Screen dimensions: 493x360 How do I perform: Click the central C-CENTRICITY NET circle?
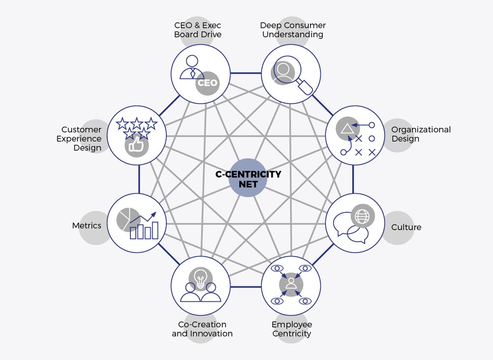[248, 178]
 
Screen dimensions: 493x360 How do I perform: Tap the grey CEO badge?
[207, 83]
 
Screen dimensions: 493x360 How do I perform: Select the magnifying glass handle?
[305, 87]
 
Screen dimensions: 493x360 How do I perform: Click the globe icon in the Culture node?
[363, 216]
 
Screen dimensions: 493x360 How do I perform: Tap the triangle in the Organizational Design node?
[347, 129]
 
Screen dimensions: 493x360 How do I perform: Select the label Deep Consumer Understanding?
[293, 30]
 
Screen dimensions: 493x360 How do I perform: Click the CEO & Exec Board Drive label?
[198, 30]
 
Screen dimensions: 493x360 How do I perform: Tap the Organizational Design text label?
[421, 134]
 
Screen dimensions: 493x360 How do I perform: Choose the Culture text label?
[406, 227]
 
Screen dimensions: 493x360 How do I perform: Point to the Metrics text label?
[87, 226]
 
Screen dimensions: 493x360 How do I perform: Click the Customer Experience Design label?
[79, 139]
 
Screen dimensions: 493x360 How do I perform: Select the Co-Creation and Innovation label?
[202, 329]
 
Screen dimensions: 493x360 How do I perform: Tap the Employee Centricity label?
[292, 329]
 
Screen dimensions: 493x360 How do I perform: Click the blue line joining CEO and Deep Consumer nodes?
[246, 73]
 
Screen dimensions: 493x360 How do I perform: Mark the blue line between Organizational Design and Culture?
[353, 179]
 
